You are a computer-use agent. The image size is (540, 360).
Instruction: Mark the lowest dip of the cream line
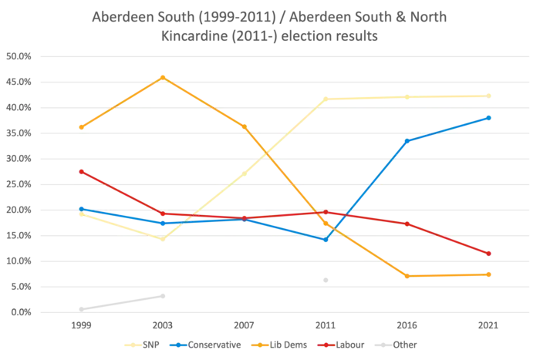coord(163,241)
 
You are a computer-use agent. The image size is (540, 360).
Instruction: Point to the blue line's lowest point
coord(326,241)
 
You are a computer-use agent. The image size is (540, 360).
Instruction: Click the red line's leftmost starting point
coord(81,171)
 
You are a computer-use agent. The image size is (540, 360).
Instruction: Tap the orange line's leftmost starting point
coord(81,127)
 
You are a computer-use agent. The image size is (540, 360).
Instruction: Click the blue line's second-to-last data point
coord(407,140)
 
